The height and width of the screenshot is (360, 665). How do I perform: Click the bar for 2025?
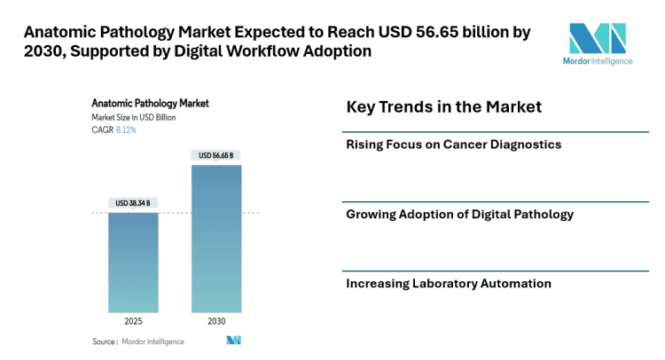pos(133,262)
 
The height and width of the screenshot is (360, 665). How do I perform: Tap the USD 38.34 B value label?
pos(133,203)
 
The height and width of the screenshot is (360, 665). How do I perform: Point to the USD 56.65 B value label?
pos(216,155)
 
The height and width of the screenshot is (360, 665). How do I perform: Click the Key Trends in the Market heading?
pos(443,107)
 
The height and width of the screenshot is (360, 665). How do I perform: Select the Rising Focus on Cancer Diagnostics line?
pos(453,144)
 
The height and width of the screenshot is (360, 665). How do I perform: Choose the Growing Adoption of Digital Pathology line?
pos(459,214)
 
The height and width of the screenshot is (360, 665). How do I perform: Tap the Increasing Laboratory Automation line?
pos(449,284)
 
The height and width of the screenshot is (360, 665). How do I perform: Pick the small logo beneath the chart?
pos(234,340)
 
